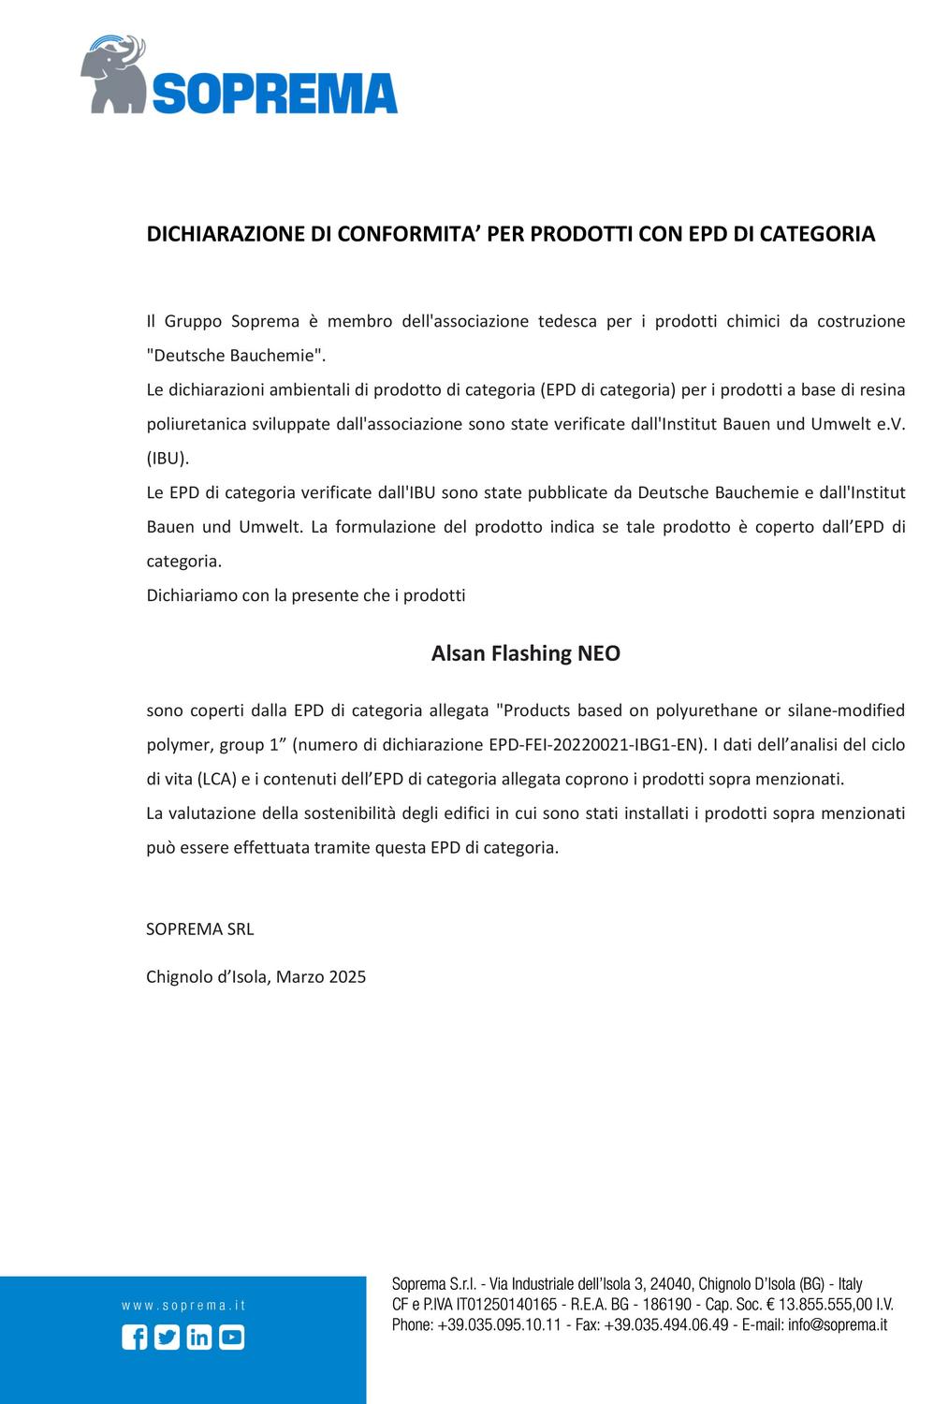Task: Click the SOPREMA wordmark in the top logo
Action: tap(274, 94)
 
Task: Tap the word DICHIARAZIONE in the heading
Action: tap(226, 234)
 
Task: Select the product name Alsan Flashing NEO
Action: tap(525, 653)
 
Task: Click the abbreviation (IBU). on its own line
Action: tap(168, 459)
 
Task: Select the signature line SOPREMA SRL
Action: tap(200, 929)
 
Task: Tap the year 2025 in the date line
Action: tap(347, 977)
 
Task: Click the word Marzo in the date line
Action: tap(300, 977)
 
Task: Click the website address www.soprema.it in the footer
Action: tap(183, 1306)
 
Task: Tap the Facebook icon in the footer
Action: tap(135, 1338)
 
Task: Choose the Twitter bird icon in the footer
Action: tap(167, 1338)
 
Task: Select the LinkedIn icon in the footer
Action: tap(199, 1338)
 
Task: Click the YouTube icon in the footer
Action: tap(232, 1338)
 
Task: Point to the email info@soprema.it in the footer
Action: tap(838, 1324)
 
